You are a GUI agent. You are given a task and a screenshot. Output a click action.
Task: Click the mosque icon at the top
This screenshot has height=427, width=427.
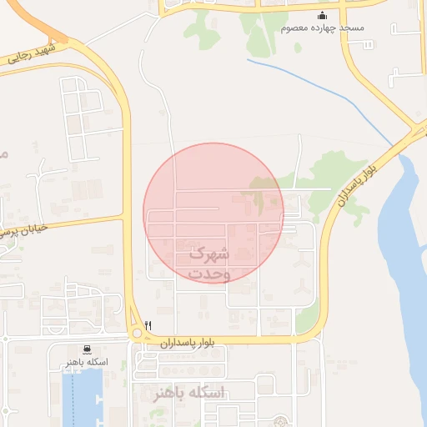click(x=323, y=16)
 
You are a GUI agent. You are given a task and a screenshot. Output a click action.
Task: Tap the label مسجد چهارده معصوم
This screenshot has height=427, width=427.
click(x=323, y=28)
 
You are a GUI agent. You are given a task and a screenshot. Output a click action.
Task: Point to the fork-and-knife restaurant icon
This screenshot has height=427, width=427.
click(x=148, y=324)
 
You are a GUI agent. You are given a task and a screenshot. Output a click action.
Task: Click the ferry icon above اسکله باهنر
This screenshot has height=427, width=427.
click(x=88, y=350)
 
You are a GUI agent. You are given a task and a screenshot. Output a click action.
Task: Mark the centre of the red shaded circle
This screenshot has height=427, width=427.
click(x=213, y=213)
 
